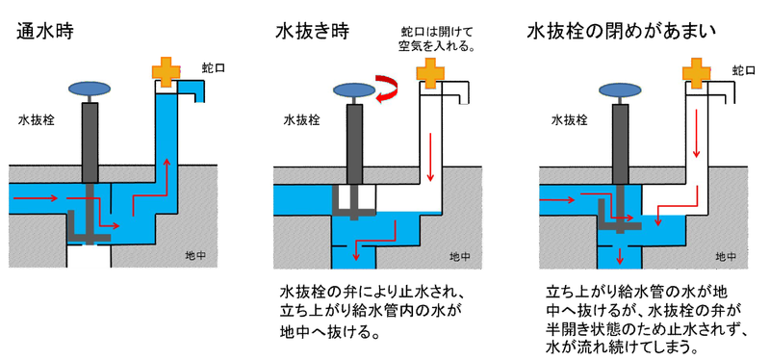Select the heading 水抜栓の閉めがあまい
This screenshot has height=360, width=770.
pyautogui.click(x=623, y=32)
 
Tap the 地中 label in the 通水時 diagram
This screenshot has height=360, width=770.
pyautogui.click(x=197, y=256)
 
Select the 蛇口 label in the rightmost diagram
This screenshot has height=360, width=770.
pyautogui.click(x=742, y=70)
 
